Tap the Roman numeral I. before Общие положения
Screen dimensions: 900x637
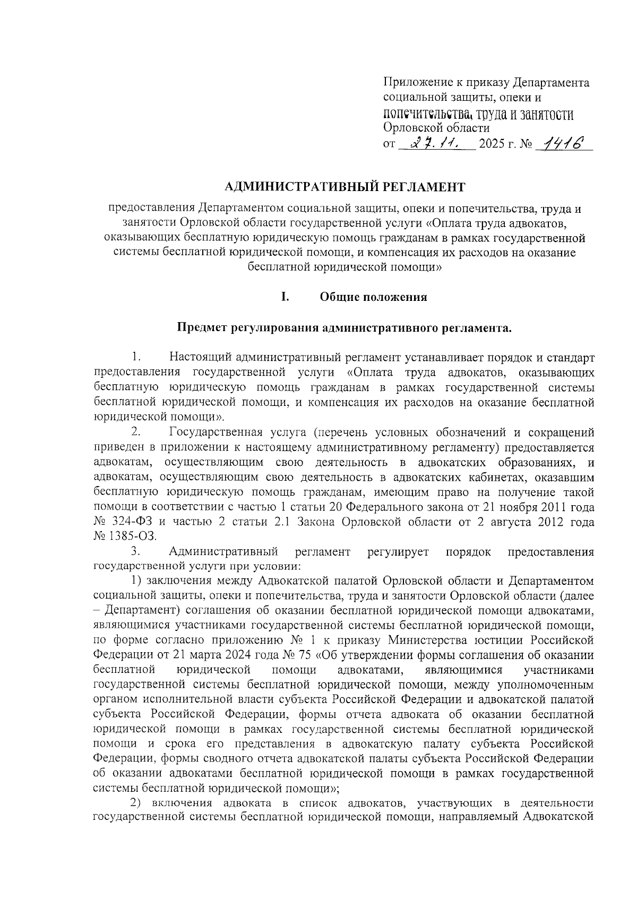coord(285,297)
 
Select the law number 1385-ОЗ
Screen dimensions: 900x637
coord(131,536)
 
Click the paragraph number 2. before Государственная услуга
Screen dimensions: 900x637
coord(136,432)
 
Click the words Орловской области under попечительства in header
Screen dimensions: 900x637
coord(436,128)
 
